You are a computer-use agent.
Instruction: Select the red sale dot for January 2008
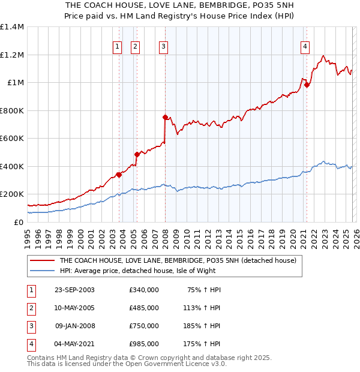tap(165, 118)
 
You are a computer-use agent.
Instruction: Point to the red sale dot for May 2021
tap(307, 85)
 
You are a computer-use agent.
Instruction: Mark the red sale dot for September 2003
tap(119, 175)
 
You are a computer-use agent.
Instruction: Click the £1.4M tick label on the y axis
tap(12, 27)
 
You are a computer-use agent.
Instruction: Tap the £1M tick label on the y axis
tap(16, 83)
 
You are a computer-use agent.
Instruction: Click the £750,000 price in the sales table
tap(143, 326)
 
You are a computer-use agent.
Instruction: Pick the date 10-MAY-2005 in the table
tap(74, 308)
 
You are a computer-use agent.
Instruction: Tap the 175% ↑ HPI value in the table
tap(202, 344)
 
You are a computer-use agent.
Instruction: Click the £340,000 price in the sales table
tap(143, 290)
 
